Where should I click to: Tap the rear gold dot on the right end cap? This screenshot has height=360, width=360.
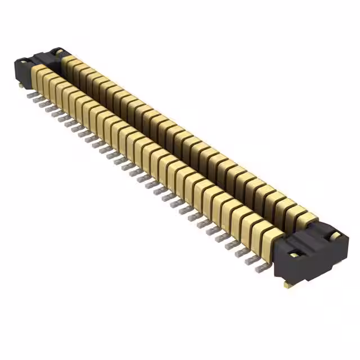(x=334, y=235)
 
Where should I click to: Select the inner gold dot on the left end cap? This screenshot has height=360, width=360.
(x=57, y=52)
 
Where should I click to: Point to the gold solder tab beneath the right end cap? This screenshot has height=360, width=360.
(x=287, y=285)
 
